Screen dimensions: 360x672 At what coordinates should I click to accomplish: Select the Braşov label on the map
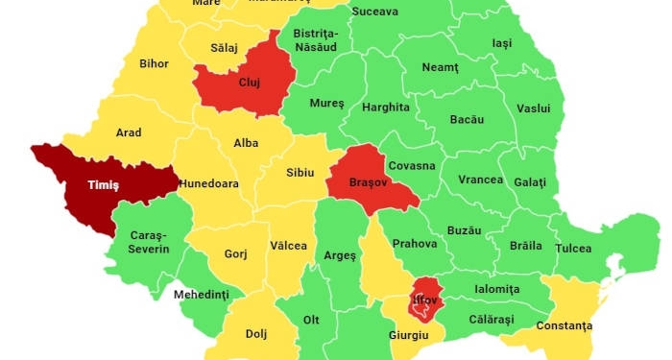tap(361, 181)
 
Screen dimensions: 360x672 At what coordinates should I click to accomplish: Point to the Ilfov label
tap(424, 300)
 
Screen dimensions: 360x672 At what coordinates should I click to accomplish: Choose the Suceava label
tap(375, 12)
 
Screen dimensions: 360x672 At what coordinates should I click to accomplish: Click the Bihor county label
tap(154, 64)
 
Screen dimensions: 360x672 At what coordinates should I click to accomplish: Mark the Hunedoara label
tap(207, 183)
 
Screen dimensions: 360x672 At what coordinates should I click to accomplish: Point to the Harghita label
tap(386, 108)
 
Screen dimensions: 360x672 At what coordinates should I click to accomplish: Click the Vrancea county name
tap(480, 180)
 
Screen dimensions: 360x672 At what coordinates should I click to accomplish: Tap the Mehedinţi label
tap(202, 295)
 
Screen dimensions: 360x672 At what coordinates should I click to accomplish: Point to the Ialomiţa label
tap(495, 289)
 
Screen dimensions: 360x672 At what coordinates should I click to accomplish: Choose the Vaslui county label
tap(534, 108)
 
